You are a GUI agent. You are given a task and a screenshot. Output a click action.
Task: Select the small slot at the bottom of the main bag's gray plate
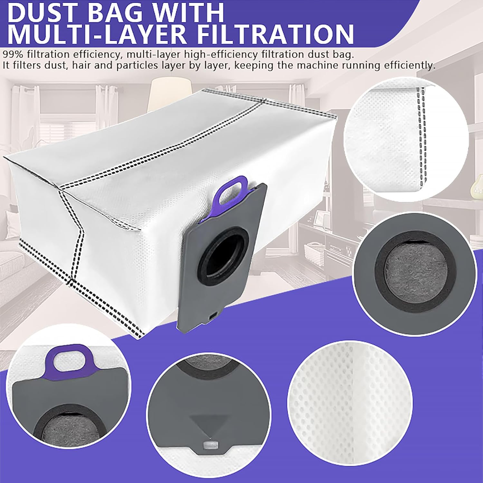(x=213, y=317)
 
